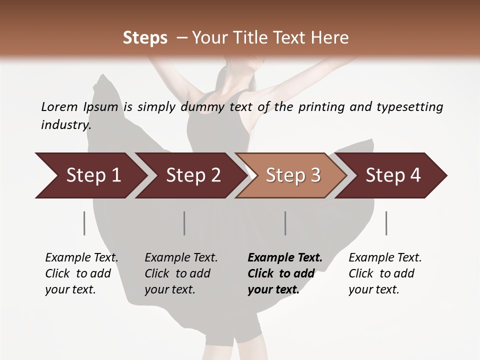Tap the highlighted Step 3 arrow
pyautogui.click(x=293, y=175)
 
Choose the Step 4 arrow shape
pyautogui.click(x=393, y=175)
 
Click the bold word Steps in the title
pyautogui.click(x=145, y=37)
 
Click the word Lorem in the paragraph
pyautogui.click(x=59, y=106)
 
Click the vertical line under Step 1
pyautogui.click(x=84, y=223)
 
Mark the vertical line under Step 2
pyautogui.click(x=184, y=223)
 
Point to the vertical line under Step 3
pyautogui.click(x=285, y=223)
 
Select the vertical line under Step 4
pyautogui.click(x=386, y=223)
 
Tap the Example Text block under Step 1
pyautogui.click(x=81, y=273)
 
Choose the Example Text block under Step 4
pyautogui.click(x=385, y=273)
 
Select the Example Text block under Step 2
pyautogui.click(x=181, y=273)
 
